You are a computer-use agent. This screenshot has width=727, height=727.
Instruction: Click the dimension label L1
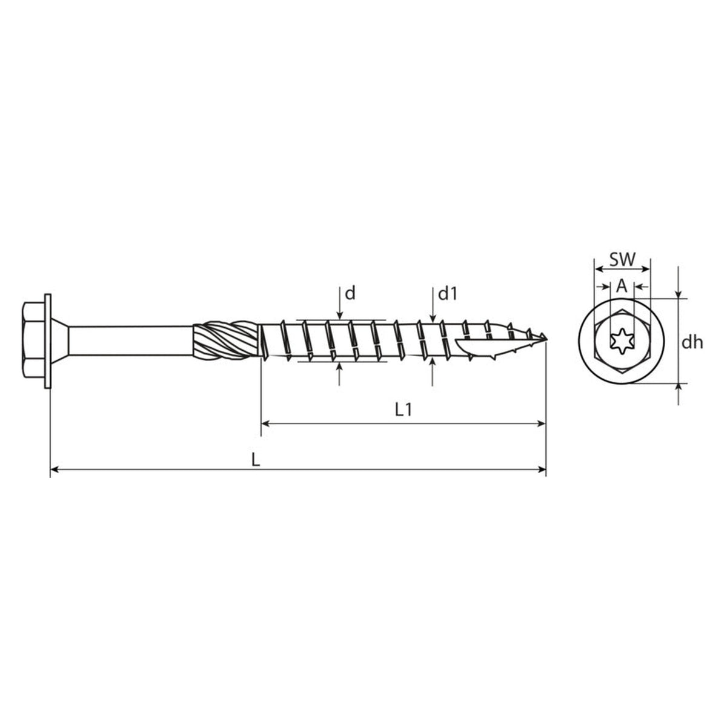click(403, 410)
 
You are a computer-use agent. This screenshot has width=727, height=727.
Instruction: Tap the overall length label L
click(256, 459)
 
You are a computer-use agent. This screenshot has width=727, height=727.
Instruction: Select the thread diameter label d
click(351, 293)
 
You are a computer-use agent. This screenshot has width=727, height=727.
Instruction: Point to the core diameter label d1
click(448, 293)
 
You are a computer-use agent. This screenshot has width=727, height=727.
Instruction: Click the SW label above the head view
click(623, 259)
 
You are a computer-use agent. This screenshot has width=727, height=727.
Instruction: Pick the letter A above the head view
click(622, 287)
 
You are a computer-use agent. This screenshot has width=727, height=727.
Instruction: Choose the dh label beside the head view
click(692, 342)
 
